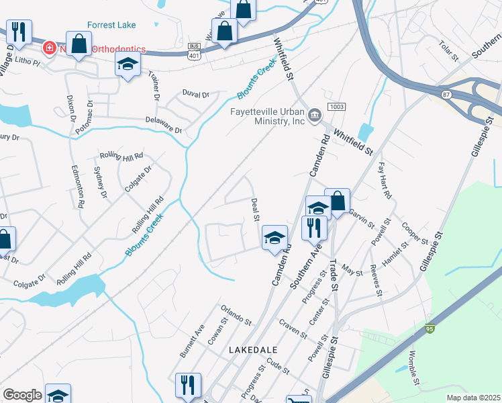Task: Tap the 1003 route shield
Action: pos(336,107)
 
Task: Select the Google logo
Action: pos(22,395)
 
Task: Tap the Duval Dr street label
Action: pos(196,95)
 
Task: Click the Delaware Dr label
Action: pos(164,124)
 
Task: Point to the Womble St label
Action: pos(413,369)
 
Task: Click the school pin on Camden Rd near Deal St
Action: pos(274,238)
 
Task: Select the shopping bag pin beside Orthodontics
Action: pos(79,44)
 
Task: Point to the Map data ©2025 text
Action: pos(474,398)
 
